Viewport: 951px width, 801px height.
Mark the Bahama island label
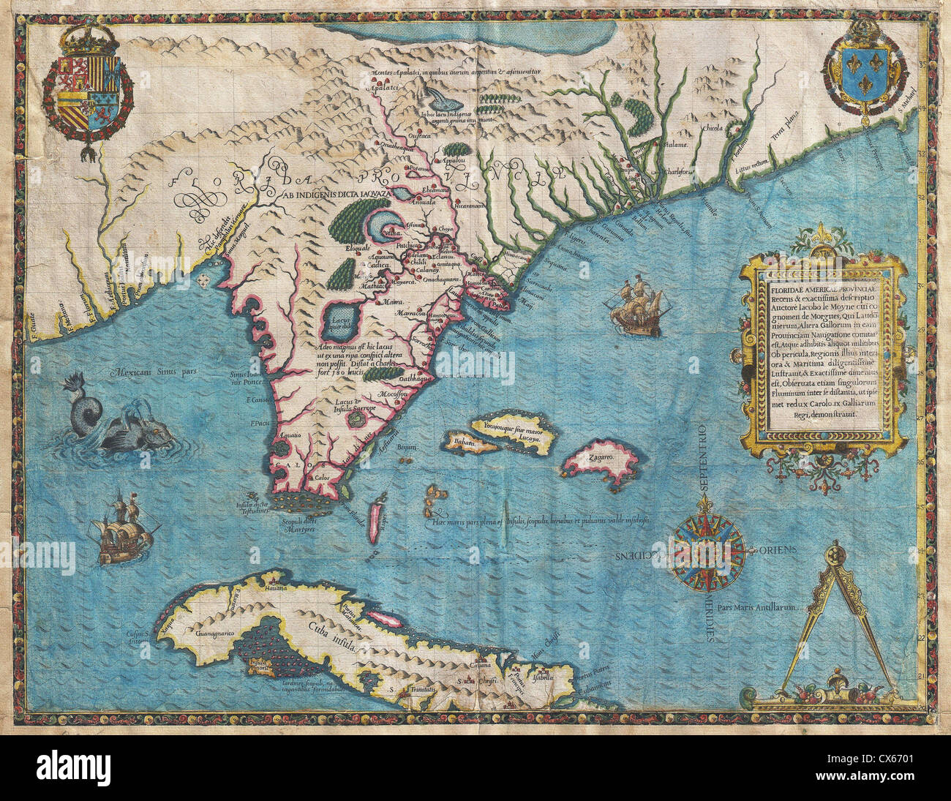point(464,443)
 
